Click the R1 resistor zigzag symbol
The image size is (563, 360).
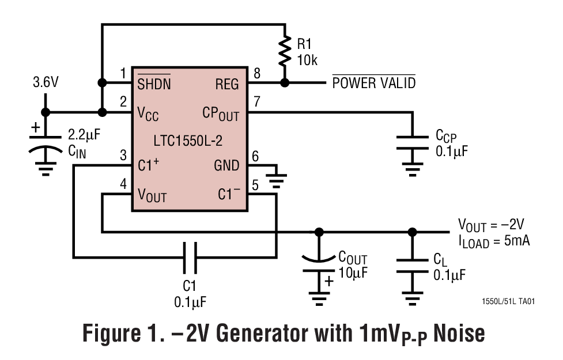285,51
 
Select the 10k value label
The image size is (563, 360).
307,60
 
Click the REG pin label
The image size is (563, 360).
226,84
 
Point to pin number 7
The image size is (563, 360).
257,101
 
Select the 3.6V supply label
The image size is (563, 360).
45,82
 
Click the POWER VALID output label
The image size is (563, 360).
374,83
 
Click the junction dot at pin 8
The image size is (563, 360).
285,83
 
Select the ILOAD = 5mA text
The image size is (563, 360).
494,241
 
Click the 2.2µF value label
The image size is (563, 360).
84,135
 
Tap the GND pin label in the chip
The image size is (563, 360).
226,166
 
